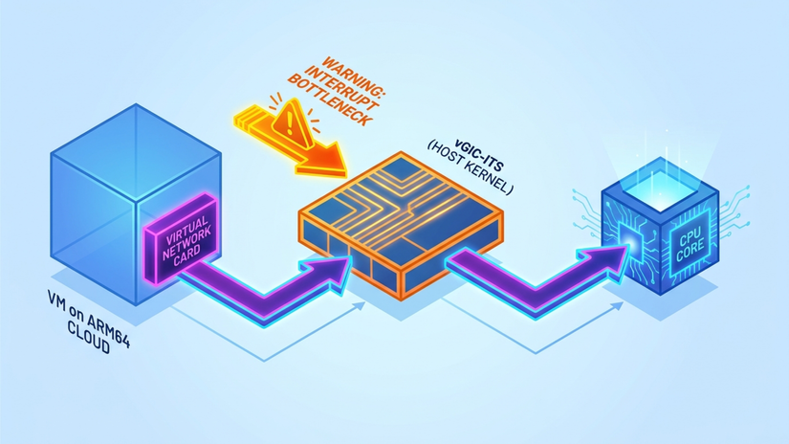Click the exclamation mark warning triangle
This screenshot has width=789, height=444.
(292, 122)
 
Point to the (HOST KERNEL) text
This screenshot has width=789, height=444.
(470, 167)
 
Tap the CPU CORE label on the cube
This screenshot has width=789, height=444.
(690, 243)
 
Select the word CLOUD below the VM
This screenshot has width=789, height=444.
(89, 339)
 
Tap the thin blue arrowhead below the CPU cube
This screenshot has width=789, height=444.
(617, 307)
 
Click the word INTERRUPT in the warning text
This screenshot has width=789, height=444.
(341, 88)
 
